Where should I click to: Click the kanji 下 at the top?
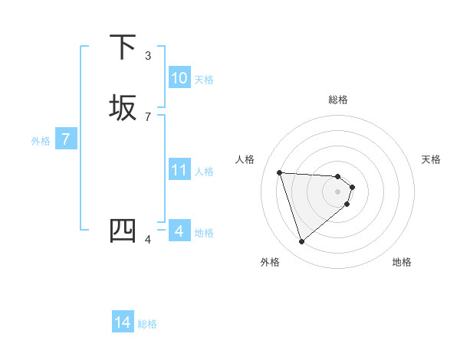point(123,47)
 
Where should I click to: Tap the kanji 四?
point(123,231)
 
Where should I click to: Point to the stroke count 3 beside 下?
point(148,55)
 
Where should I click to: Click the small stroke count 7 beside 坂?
point(148,116)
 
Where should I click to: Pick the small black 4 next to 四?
point(148,239)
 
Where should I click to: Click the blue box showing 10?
point(179,78)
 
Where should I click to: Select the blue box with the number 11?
point(179,170)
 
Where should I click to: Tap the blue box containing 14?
point(123,322)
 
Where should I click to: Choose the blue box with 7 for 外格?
point(67,139)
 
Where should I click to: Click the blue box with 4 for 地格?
point(179,231)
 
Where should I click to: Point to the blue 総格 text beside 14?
point(147,324)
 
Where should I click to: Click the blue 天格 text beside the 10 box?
point(204,80)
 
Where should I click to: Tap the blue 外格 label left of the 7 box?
point(41,141)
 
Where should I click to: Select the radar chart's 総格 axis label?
point(337,100)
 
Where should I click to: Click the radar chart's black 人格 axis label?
point(245,159)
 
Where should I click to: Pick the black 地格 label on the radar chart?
point(402,262)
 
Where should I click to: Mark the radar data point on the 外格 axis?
point(301,242)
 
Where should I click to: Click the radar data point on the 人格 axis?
point(280,172)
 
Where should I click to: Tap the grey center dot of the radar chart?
point(337,191)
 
